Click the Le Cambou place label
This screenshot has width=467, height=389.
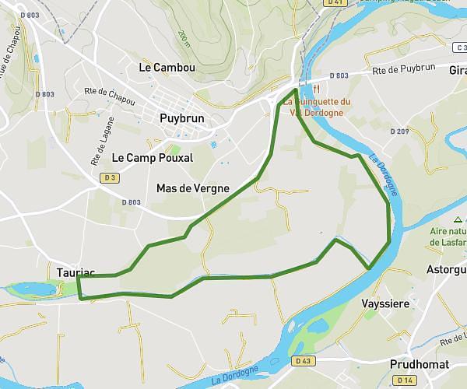pyautogui.click(x=167, y=68)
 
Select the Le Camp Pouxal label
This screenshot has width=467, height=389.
pyautogui.click(x=152, y=157)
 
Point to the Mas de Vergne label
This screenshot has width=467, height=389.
pyautogui.click(x=192, y=188)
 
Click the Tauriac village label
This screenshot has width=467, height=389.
pyautogui.click(x=75, y=272)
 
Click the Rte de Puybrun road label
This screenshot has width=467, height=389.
pyautogui.click(x=404, y=69)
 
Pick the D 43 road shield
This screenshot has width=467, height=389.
pyautogui.click(x=303, y=361)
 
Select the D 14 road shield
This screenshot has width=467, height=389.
pyautogui.click(x=403, y=380)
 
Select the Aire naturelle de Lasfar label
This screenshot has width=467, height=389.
pyautogui.click(x=447, y=237)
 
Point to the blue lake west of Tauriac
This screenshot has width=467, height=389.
pyautogui.click(x=33, y=289)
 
